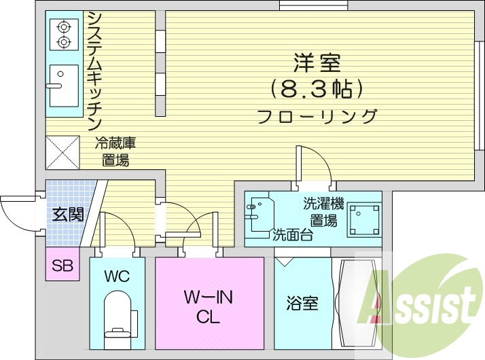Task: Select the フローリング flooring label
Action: tap(317, 116)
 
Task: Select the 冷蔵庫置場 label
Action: tap(115, 151)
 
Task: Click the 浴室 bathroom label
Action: tap(302, 303)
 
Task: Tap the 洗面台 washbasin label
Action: tap(292, 236)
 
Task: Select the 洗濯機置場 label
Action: tap(324, 211)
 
